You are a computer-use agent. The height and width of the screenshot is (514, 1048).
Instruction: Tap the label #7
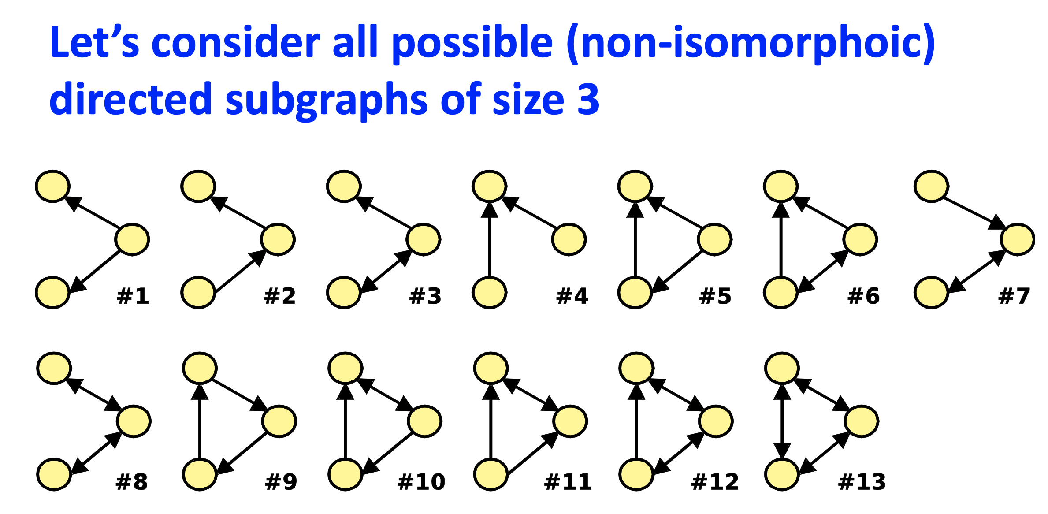[1014, 296]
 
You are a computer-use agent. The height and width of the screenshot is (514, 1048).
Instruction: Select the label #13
[862, 482]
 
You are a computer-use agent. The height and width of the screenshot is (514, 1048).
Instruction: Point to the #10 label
[421, 482]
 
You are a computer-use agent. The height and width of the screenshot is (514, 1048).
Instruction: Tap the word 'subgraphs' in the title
[326, 101]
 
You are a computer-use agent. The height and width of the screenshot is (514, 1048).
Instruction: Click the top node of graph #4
[489, 186]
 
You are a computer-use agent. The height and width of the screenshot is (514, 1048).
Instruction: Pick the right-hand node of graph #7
[1018, 239]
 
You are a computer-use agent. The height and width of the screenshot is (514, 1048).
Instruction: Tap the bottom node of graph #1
[52, 293]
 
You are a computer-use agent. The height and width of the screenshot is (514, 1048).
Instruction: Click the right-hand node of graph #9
[279, 421]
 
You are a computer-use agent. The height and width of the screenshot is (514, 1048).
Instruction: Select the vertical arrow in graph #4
[489, 240]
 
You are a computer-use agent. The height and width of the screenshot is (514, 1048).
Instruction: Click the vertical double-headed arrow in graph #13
[782, 421]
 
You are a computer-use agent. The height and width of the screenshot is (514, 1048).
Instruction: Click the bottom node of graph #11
[491, 474]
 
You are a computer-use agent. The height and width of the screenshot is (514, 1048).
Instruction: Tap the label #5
[715, 296]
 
